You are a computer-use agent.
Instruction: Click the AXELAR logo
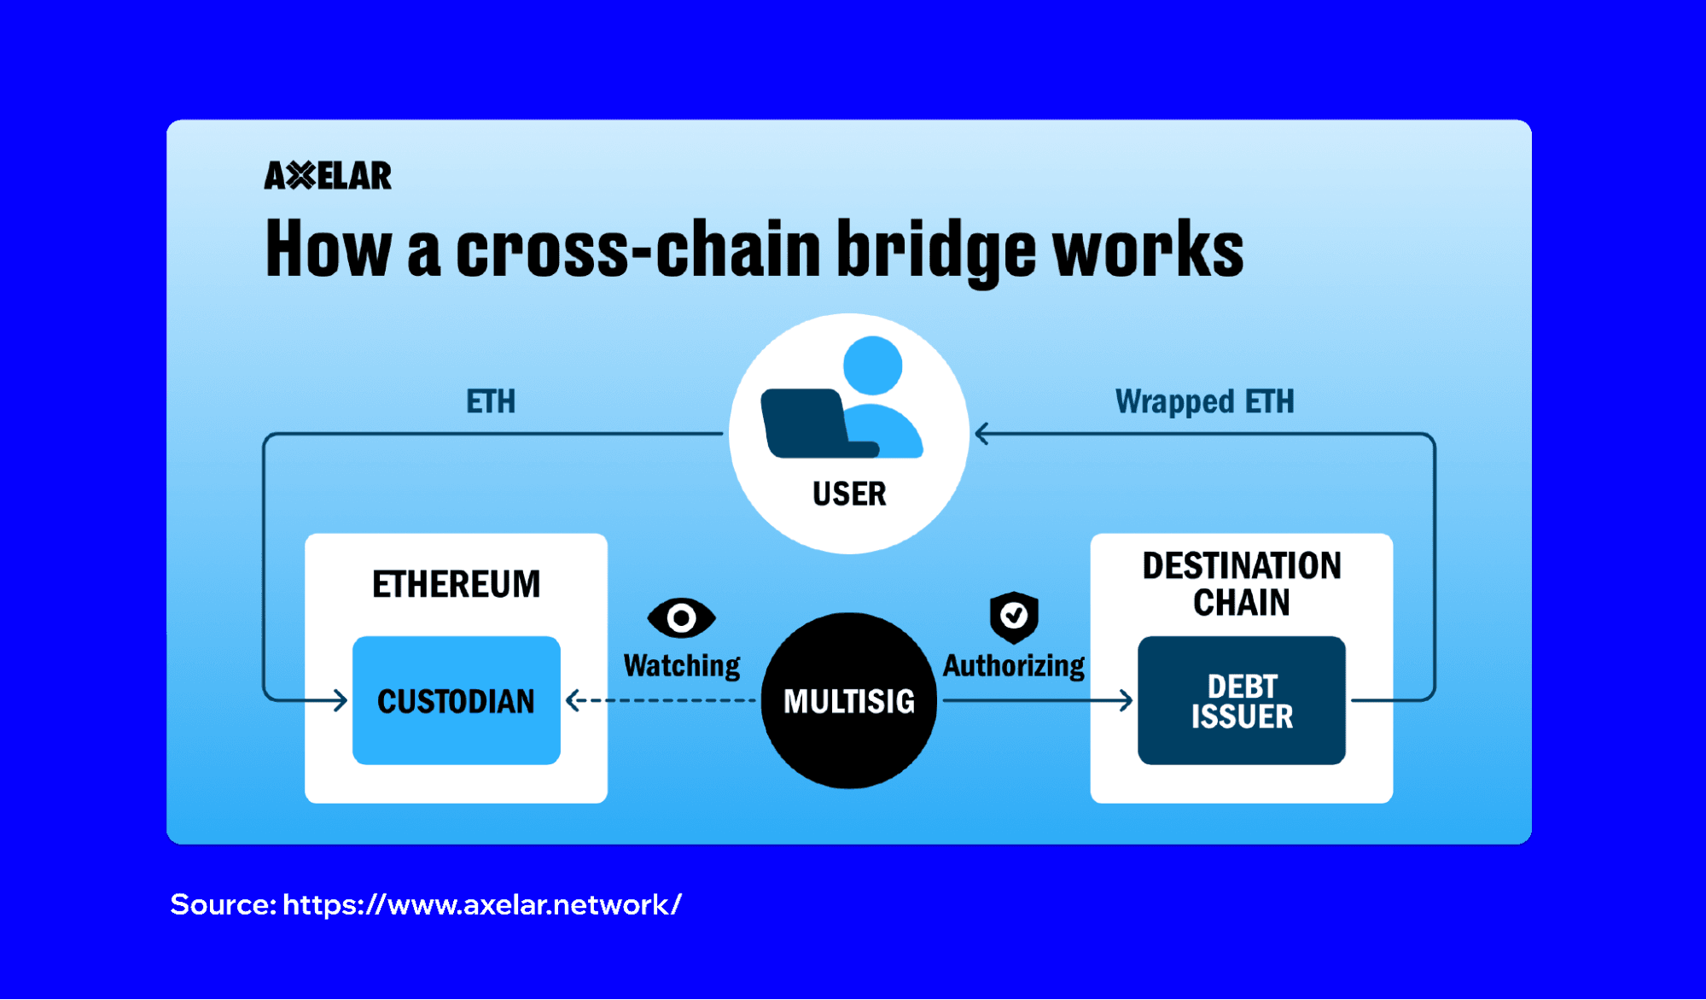tap(328, 175)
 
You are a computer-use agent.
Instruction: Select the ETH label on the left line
tap(491, 401)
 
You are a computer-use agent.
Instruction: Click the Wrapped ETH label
tap(1204, 401)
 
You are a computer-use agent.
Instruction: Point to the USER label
tap(849, 494)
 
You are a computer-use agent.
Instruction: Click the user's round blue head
tap(872, 365)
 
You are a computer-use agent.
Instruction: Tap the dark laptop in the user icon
tap(806, 423)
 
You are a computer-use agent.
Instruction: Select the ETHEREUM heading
tap(456, 584)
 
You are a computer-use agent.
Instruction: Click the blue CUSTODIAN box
tap(456, 700)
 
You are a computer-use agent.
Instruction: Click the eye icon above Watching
tap(681, 617)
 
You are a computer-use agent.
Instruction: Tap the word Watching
tap(682, 665)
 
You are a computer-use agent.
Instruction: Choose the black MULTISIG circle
tap(848, 700)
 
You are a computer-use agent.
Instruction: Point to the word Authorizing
tap(1013, 665)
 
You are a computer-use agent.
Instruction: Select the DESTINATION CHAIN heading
tap(1241, 584)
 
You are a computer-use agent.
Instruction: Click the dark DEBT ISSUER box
tap(1241, 700)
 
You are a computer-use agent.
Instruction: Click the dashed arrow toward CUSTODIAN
tap(661, 701)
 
